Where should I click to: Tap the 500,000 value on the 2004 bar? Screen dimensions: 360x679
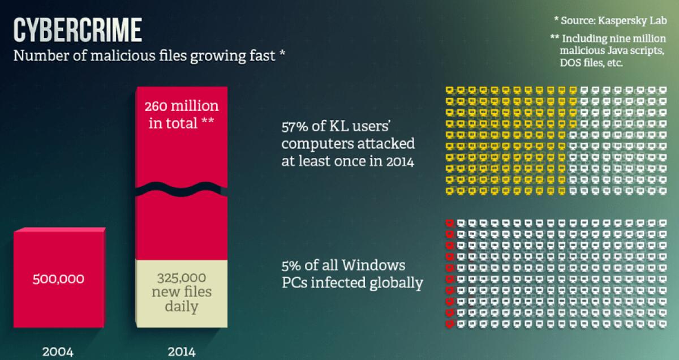point(58,279)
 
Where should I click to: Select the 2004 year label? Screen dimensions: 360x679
point(57,352)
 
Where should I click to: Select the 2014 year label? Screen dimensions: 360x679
point(181,352)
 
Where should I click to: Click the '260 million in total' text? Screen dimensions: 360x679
point(181,115)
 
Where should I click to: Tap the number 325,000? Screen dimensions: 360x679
point(181,278)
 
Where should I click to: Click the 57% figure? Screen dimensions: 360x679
point(295,126)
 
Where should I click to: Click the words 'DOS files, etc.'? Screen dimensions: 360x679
point(591,63)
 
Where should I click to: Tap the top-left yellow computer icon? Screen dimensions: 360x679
point(450,91)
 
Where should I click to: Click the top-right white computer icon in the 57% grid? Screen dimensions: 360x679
point(665,91)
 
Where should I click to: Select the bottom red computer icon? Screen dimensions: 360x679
point(450,324)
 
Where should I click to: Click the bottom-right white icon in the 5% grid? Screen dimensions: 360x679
point(665,324)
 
